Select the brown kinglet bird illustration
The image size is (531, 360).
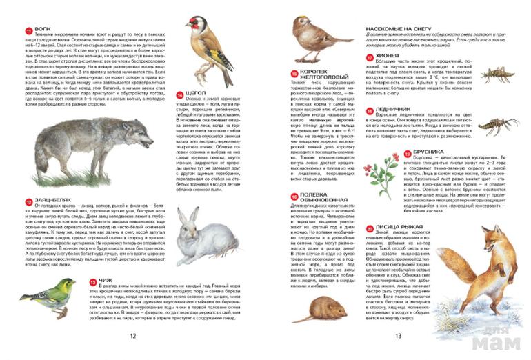point(312,38)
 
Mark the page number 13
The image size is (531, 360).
point(398,336)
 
